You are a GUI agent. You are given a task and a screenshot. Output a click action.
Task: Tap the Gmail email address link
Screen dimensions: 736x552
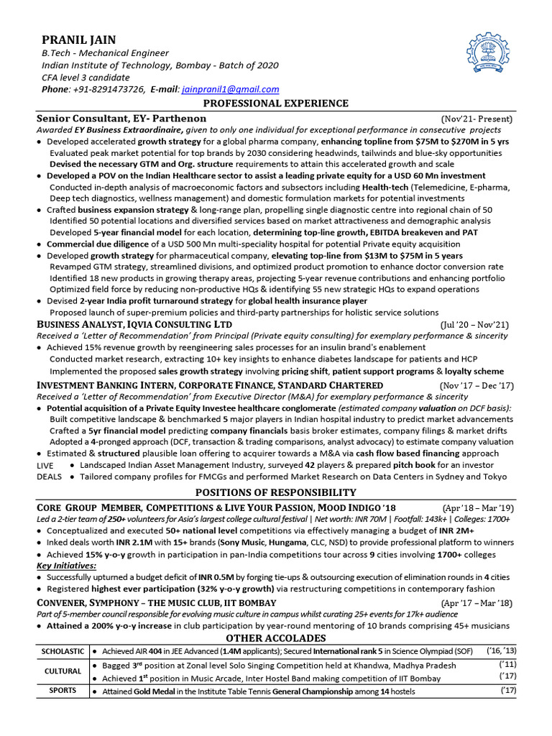pyautogui.click(x=230, y=89)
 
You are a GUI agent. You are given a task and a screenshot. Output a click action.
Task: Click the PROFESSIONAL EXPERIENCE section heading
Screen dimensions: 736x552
pyautogui.click(x=275, y=103)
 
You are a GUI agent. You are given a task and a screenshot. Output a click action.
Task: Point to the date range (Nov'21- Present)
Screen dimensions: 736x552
pyautogui.click(x=476, y=119)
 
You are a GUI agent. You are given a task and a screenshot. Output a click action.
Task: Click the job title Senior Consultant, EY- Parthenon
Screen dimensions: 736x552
pyautogui.click(x=121, y=119)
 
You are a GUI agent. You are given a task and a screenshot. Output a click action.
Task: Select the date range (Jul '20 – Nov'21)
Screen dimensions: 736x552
pyautogui.click(x=475, y=325)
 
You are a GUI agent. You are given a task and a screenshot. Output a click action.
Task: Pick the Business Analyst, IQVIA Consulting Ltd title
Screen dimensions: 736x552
pyautogui.click(x=134, y=325)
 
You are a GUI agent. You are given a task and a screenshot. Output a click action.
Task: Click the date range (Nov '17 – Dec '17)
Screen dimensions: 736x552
pyautogui.click(x=476, y=386)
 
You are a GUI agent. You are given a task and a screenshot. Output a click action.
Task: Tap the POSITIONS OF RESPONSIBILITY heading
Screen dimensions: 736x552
pyautogui.click(x=275, y=492)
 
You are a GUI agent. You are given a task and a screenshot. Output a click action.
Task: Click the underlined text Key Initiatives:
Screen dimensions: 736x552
pyautogui.click(x=67, y=566)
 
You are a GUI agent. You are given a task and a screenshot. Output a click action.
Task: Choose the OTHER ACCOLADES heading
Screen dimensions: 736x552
pyautogui.click(x=275, y=638)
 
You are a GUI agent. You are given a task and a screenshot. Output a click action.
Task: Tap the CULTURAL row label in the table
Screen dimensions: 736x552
pyautogui.click(x=63, y=671)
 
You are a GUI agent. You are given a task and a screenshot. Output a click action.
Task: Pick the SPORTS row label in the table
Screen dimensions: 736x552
pyautogui.click(x=63, y=691)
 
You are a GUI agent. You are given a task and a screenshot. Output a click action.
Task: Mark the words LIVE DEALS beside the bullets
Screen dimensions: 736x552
pyautogui.click(x=50, y=471)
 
